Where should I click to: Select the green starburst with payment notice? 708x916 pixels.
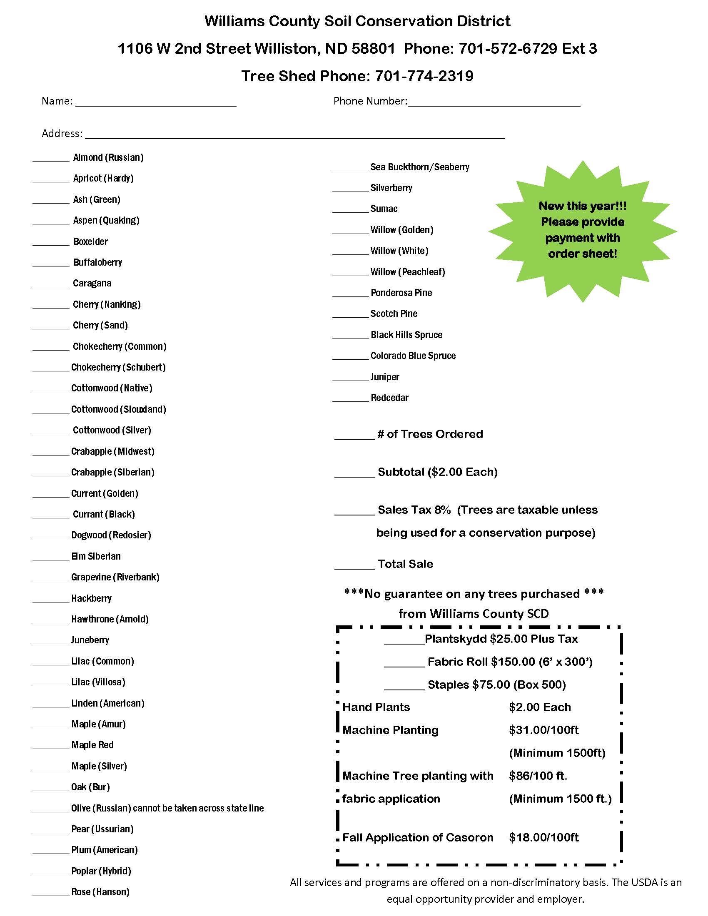[x=582, y=230]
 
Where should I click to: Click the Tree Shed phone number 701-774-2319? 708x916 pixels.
[x=424, y=76]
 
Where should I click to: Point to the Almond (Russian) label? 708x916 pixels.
[x=108, y=158]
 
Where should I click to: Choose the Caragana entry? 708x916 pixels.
[x=92, y=284]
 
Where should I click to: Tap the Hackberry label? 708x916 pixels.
[x=92, y=598]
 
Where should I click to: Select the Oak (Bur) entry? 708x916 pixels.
[x=91, y=787]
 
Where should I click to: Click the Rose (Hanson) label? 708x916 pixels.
[x=100, y=892]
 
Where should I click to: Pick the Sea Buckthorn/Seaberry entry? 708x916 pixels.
[x=419, y=167]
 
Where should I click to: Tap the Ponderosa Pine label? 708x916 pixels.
[x=401, y=293]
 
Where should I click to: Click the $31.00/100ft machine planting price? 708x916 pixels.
[x=543, y=730]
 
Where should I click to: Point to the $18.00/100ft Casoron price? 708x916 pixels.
[x=543, y=838]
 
